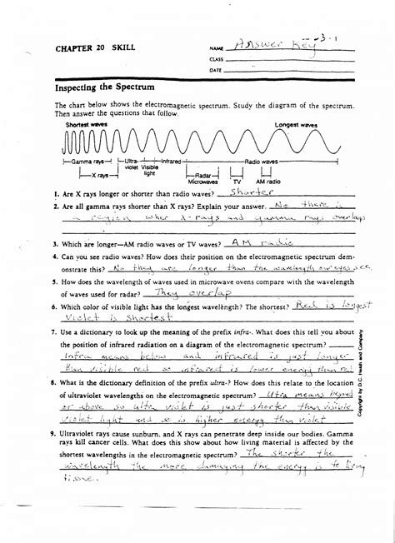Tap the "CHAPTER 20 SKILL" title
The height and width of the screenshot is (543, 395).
90,49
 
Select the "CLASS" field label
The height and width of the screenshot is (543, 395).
217,60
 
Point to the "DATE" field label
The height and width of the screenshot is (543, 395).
216,71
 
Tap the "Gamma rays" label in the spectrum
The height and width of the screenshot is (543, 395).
85,160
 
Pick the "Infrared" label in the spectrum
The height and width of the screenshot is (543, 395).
172,160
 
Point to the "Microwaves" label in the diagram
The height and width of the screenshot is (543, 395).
202,181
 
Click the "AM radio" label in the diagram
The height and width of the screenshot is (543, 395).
269,181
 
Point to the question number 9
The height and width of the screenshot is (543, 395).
52,434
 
